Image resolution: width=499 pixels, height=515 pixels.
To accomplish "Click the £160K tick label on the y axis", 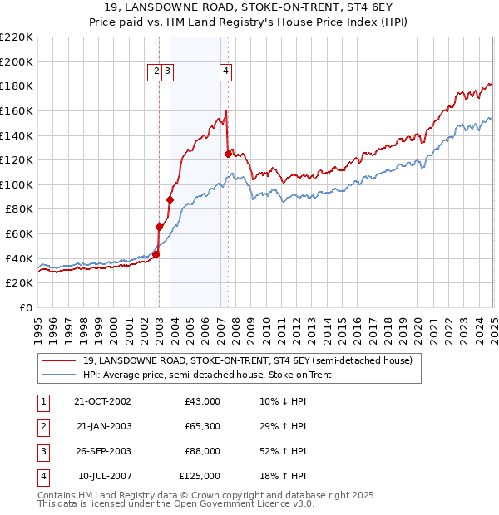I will (17, 110).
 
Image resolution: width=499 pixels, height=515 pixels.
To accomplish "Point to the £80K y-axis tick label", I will (19, 209).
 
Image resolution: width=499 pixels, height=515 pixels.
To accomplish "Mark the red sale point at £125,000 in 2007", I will (228, 154).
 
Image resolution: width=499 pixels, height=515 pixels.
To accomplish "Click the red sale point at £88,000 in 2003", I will (170, 199).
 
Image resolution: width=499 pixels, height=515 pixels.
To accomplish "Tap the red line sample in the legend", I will (57, 360).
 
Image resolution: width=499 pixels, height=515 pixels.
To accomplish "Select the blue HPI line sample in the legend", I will (57, 375).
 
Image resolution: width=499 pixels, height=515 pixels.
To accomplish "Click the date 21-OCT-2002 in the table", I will (103, 401).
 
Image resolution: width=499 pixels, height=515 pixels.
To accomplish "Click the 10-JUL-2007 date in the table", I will (104, 476).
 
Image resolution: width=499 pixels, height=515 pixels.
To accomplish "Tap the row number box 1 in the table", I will (42, 401).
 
